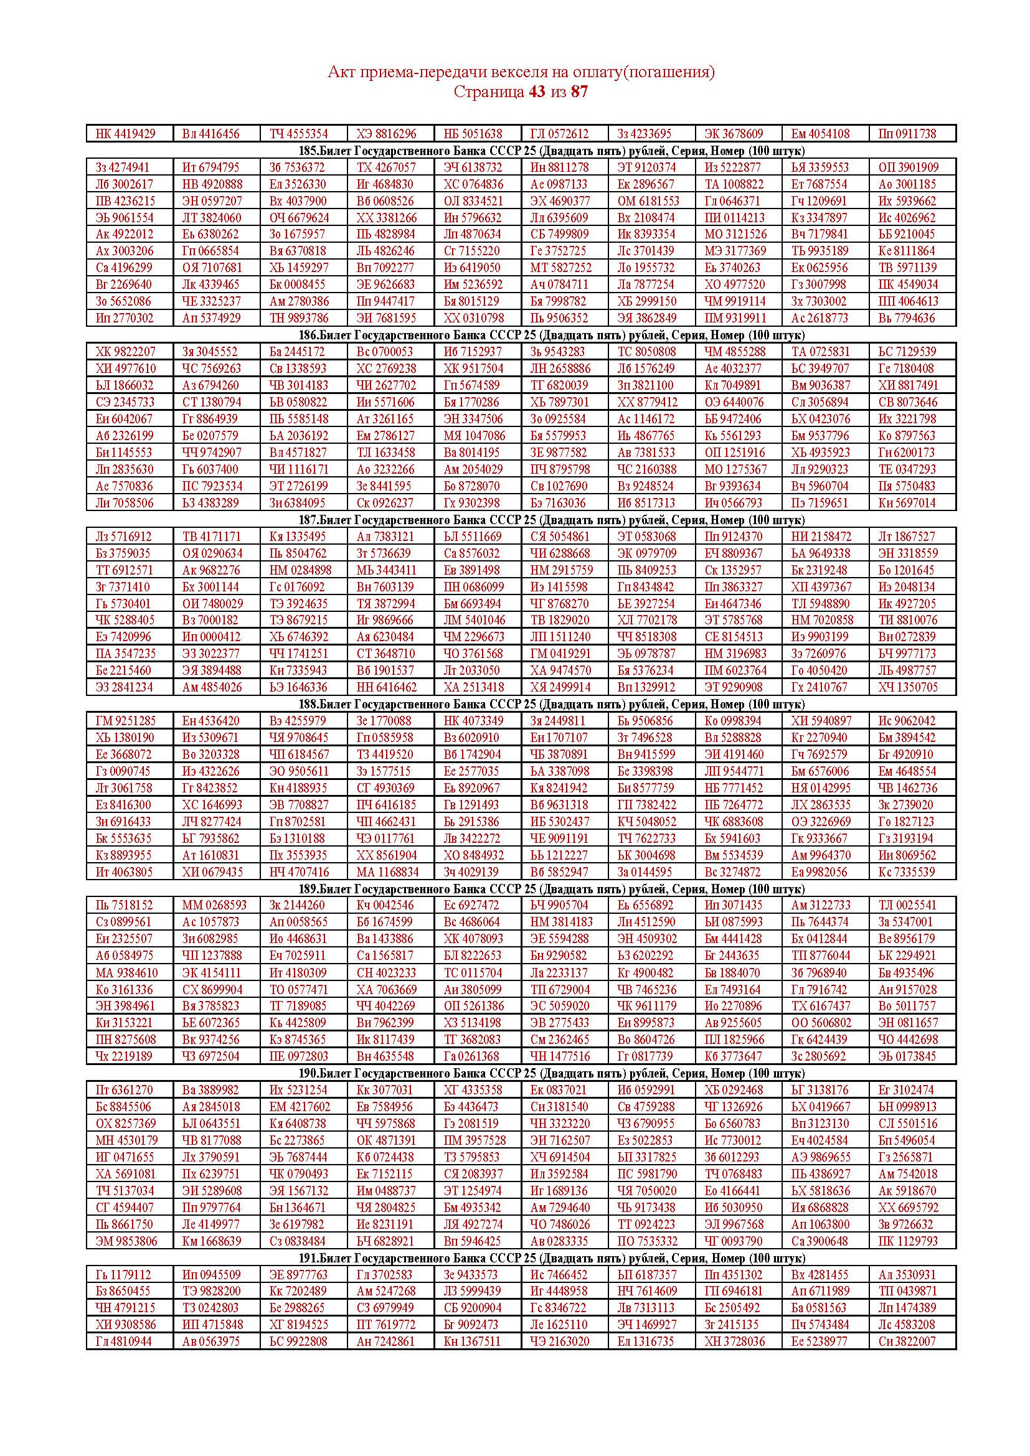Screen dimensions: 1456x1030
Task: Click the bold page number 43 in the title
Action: [x=537, y=92]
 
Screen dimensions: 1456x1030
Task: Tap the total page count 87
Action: [x=579, y=92]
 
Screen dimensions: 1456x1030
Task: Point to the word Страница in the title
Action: [x=488, y=92]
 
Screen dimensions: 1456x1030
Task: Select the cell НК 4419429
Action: [x=125, y=134]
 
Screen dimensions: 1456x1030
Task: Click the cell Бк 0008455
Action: [x=298, y=284]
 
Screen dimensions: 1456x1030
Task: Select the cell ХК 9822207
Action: [x=125, y=351]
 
